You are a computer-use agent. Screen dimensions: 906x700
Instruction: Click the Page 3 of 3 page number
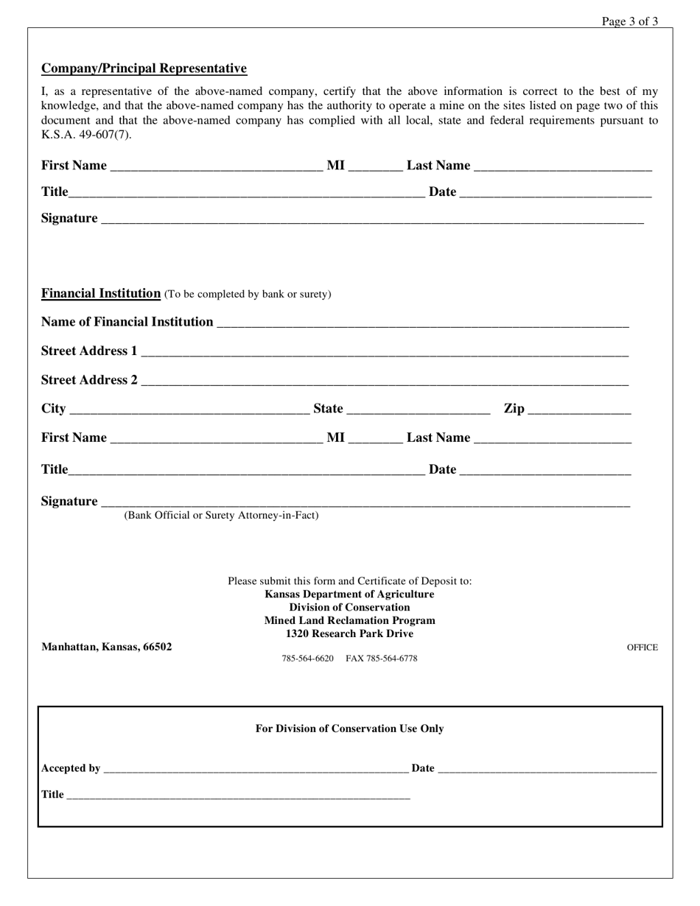(x=629, y=21)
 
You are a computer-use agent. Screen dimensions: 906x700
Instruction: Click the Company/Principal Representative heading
(x=144, y=69)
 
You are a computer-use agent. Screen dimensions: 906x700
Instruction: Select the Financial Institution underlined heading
(x=101, y=293)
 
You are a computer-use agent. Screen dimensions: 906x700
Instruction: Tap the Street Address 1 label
(x=89, y=351)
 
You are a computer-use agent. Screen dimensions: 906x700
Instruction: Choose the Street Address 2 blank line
(x=384, y=382)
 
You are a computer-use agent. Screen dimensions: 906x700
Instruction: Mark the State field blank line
(x=418, y=410)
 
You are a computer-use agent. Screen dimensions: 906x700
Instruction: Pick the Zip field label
(x=514, y=409)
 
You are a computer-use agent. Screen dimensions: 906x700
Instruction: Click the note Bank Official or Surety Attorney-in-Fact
(x=221, y=515)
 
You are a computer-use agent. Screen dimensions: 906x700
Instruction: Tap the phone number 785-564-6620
(x=307, y=659)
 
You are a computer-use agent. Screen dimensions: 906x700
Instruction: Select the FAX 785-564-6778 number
(x=381, y=659)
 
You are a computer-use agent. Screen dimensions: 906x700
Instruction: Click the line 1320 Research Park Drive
(x=349, y=633)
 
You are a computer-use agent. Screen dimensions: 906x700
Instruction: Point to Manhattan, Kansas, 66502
(x=107, y=647)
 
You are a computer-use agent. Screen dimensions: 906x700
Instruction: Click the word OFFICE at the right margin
(x=642, y=647)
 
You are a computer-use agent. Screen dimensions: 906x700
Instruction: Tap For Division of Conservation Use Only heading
(x=349, y=728)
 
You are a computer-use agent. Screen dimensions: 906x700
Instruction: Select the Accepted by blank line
(x=256, y=770)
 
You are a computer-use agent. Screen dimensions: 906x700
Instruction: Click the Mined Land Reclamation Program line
(x=349, y=620)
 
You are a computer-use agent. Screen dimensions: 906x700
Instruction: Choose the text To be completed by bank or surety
(x=248, y=294)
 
